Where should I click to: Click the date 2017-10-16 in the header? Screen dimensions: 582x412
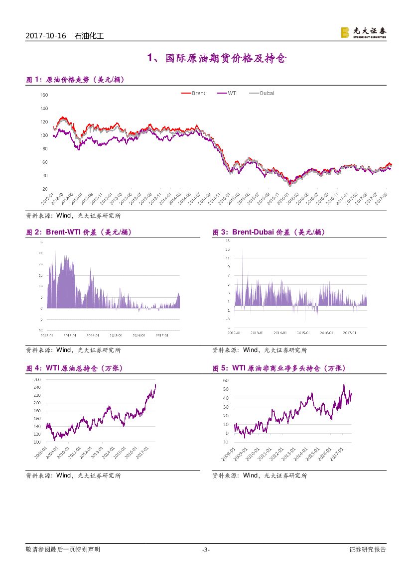(45, 36)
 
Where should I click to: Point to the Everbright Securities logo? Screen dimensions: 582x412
(363, 32)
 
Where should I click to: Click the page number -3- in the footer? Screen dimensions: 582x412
(206, 550)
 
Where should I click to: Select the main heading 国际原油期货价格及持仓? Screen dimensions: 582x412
(217, 59)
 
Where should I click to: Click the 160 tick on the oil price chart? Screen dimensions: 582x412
(44, 95)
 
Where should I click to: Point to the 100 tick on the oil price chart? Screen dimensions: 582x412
(44, 135)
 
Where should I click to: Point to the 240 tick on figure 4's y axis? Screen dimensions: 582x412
(37, 387)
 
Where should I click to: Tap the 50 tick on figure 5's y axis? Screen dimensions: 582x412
(225, 389)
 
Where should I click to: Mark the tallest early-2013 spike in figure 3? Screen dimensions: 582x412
(242, 251)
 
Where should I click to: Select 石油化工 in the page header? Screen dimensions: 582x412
(89, 36)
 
